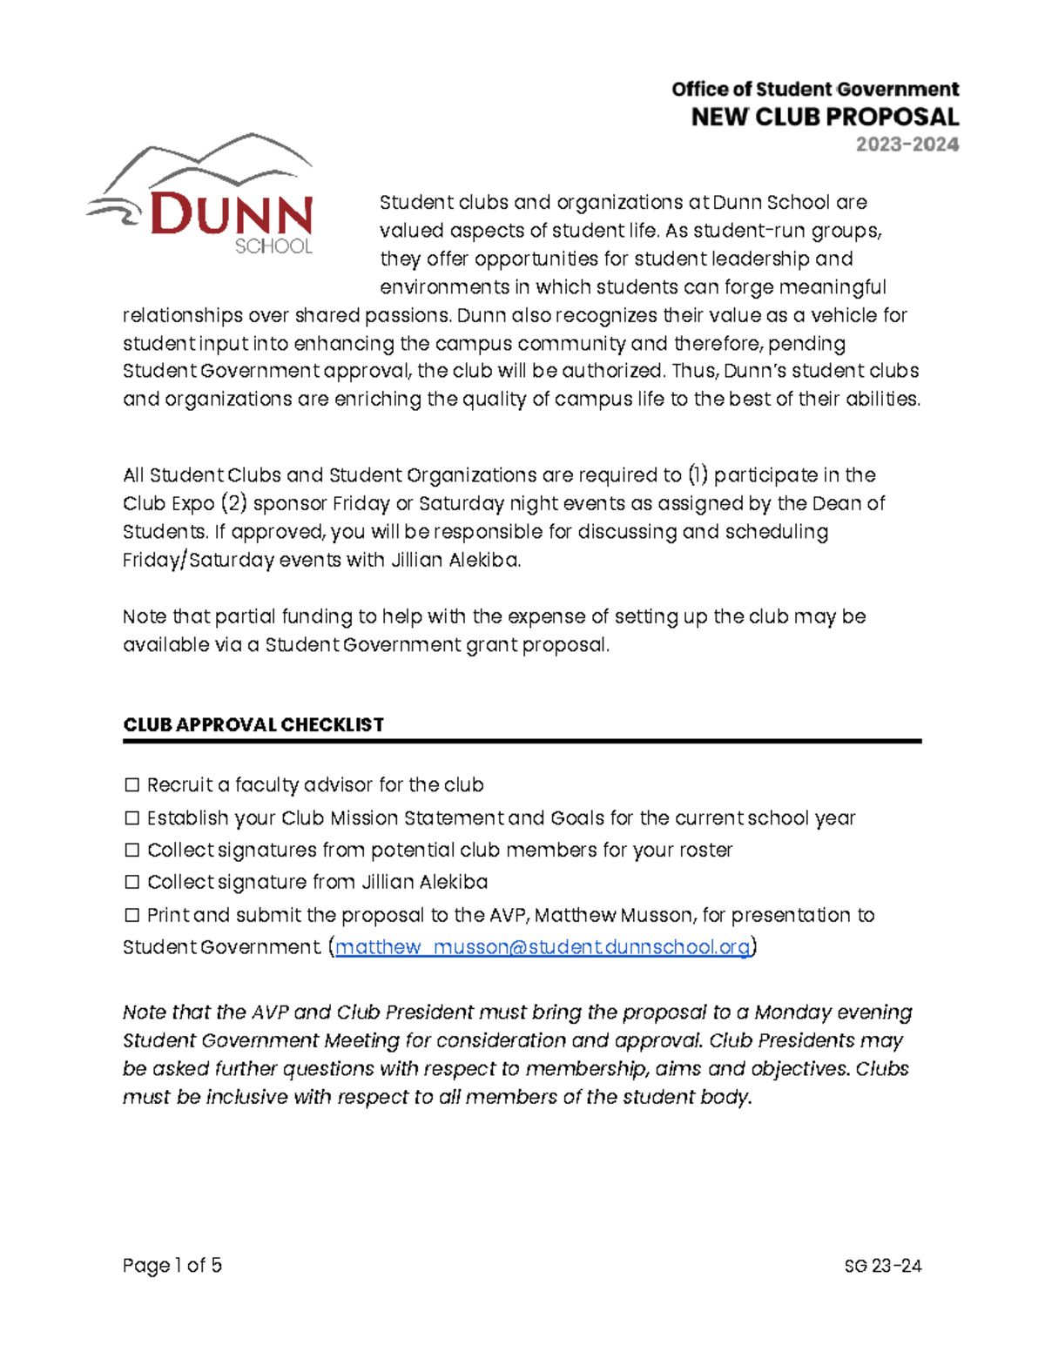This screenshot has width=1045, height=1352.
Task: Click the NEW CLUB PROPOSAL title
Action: (824, 118)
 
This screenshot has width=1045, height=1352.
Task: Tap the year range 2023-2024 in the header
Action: (907, 145)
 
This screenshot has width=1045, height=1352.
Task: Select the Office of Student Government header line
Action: (814, 89)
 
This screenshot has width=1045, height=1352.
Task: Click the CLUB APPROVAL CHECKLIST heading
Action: (253, 724)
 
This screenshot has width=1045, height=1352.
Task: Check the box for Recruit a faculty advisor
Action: (131, 785)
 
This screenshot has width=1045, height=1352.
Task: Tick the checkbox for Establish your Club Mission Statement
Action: (131, 818)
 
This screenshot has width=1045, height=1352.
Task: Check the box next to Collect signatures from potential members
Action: (131, 850)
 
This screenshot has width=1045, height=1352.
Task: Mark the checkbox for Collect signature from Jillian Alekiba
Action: (131, 882)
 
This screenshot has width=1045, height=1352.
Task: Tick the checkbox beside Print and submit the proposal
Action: (131, 915)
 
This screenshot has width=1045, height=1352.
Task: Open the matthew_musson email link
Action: (542, 947)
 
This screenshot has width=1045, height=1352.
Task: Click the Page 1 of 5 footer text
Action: (172, 1265)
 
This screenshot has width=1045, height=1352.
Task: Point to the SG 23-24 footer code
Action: (882, 1266)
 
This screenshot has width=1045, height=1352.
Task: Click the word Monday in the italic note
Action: (792, 1012)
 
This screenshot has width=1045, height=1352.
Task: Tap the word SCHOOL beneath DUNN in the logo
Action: (273, 246)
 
